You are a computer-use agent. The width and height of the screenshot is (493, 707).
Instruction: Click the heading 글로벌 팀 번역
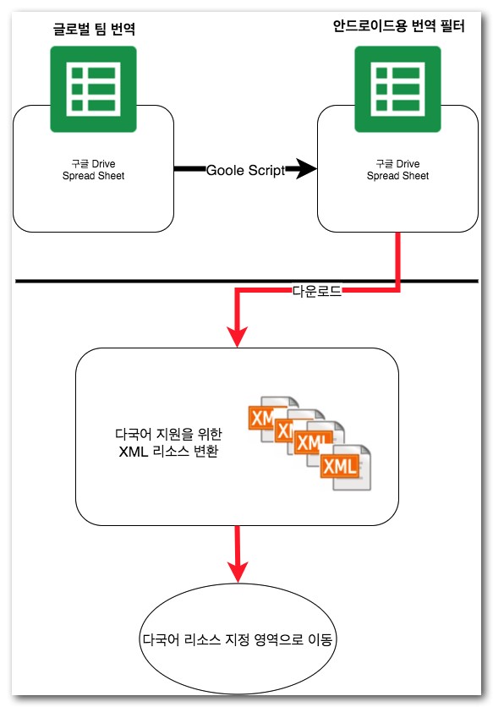(94, 29)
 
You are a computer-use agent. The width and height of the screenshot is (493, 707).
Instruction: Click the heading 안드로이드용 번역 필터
(399, 26)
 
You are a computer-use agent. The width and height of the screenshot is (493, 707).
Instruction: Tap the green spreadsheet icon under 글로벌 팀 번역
(93, 90)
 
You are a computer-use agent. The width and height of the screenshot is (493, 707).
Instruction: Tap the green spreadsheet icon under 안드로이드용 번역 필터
(397, 90)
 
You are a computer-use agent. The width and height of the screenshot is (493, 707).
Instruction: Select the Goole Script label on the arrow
(246, 170)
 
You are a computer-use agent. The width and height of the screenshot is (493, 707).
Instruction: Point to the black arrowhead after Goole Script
(307, 169)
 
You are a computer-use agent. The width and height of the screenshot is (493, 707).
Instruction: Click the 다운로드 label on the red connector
(317, 291)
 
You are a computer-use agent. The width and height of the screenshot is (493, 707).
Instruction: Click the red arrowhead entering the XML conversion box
(238, 337)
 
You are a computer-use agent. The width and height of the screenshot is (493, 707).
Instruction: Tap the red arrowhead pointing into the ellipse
(238, 573)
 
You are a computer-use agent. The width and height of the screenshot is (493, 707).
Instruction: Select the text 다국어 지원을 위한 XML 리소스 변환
(168, 442)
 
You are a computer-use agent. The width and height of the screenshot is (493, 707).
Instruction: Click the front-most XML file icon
(346, 467)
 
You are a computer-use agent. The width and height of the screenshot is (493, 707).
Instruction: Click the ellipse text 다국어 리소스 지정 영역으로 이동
(238, 639)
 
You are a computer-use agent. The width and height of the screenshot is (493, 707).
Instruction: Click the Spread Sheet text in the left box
(93, 176)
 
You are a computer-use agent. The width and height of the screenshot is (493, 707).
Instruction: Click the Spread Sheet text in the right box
(397, 176)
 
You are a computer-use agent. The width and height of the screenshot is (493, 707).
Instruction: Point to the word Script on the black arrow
(266, 171)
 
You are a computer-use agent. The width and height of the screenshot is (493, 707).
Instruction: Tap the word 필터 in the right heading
(452, 26)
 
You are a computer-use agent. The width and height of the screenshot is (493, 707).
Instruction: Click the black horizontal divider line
(247, 282)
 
